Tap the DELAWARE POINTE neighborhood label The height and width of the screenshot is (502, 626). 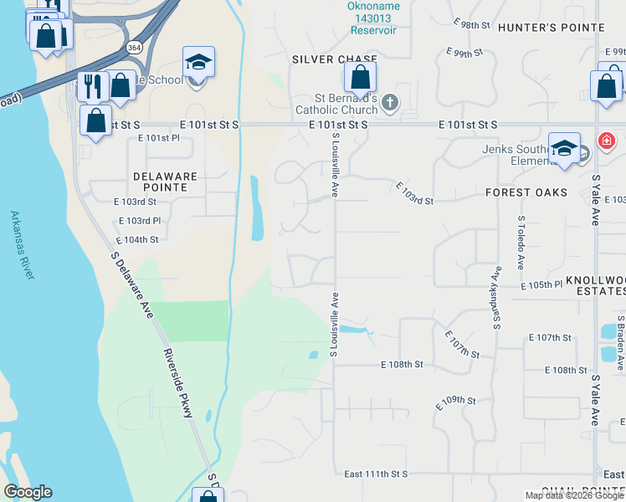[165, 182]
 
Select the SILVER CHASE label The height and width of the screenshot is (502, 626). [335, 59]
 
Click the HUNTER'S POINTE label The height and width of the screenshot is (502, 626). [551, 28]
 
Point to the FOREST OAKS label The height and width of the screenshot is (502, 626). [526, 192]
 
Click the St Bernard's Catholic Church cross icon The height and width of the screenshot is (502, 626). [389, 102]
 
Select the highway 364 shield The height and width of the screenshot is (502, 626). [135, 48]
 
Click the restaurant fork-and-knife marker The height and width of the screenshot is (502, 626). [91, 85]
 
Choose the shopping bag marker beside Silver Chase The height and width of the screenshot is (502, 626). [360, 79]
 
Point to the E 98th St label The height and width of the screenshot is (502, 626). [472, 26]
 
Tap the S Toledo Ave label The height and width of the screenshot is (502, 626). [521, 243]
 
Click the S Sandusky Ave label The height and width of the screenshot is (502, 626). [496, 296]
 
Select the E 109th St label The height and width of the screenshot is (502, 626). [455, 402]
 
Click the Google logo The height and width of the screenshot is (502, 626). [28, 492]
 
